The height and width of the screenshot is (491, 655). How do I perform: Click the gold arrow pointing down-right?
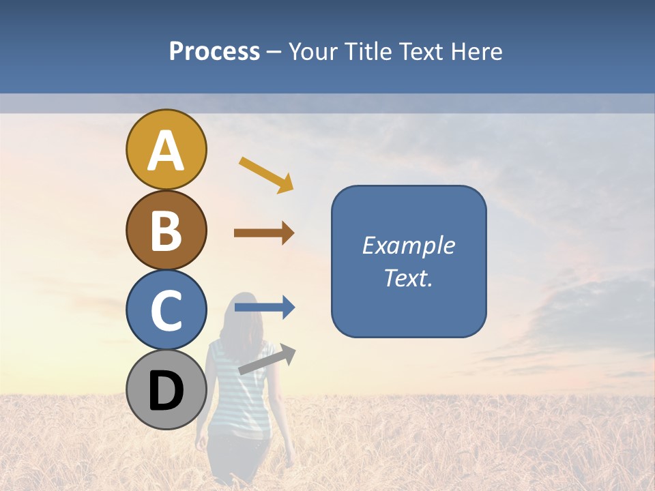pyautogui.click(x=267, y=175)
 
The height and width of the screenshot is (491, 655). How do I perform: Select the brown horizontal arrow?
pyautogui.click(x=264, y=233)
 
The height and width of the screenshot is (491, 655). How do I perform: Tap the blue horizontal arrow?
pyautogui.click(x=265, y=308)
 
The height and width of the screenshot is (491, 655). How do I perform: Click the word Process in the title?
pyautogui.click(x=214, y=52)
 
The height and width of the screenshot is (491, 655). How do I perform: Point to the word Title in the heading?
pyautogui.click(x=368, y=52)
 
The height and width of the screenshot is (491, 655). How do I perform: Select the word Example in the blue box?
pyautogui.click(x=409, y=245)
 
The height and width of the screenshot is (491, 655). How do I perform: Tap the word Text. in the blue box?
pyautogui.click(x=409, y=278)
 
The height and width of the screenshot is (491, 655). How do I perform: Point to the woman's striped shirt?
pyautogui.click(x=235, y=389)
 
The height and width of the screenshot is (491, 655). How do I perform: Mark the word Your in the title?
pyautogui.click(x=313, y=52)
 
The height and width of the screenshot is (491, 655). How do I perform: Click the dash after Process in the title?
pyautogui.click(x=274, y=53)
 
